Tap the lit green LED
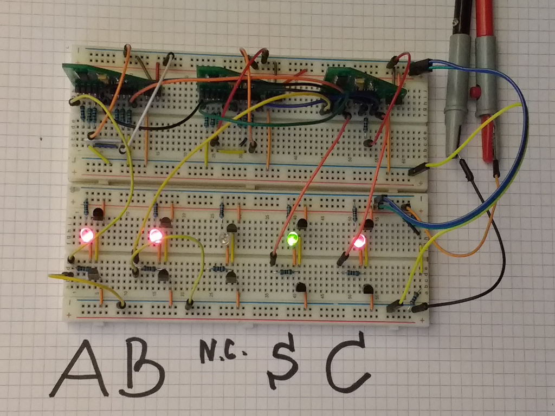click(293, 238)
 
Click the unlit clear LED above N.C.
click(222, 240)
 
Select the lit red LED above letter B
click(156, 236)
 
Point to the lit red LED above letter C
click(359, 241)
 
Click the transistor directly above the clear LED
click(232, 230)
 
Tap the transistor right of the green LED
click(302, 223)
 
